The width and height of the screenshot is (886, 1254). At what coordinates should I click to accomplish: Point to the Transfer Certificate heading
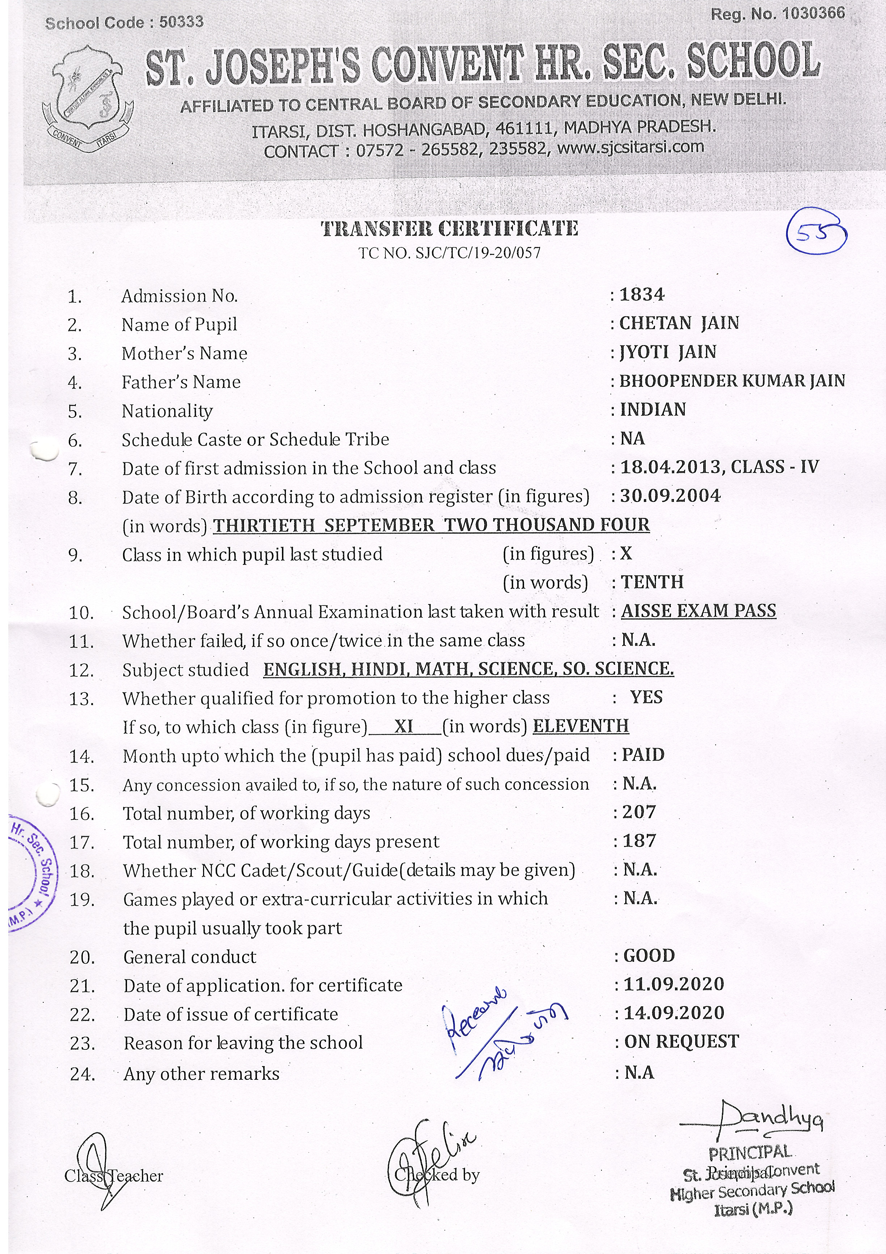pyautogui.click(x=449, y=228)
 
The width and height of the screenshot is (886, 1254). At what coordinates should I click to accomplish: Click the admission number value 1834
pyautogui.click(x=642, y=295)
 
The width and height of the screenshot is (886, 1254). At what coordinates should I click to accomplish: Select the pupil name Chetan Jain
pyautogui.click(x=679, y=323)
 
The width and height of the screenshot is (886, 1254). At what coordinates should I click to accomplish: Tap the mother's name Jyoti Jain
pyautogui.click(x=668, y=352)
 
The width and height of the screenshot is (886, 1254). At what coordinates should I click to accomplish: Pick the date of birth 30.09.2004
pyautogui.click(x=670, y=496)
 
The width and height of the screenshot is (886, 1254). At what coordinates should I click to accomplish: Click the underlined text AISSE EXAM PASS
pyautogui.click(x=698, y=611)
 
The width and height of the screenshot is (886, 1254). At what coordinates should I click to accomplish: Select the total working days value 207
pyautogui.click(x=639, y=812)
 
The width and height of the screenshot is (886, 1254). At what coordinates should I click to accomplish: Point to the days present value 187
pyautogui.click(x=639, y=840)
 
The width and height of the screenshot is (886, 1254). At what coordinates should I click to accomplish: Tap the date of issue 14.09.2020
pyautogui.click(x=674, y=1013)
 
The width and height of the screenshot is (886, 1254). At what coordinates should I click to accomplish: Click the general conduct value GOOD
pyautogui.click(x=649, y=955)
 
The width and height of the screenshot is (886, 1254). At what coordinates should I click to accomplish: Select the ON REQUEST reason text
pyautogui.click(x=681, y=1041)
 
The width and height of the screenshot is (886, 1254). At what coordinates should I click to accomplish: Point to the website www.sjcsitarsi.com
pyautogui.click(x=630, y=147)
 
